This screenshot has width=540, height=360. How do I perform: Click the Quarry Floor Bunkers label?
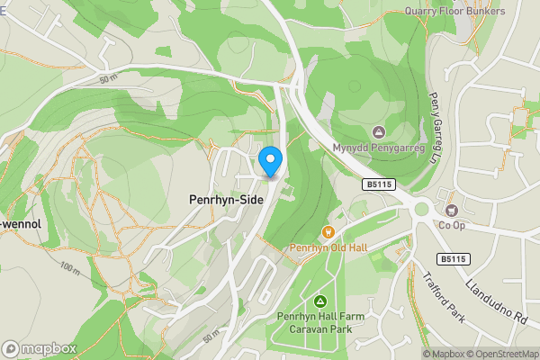(x=454, y=12)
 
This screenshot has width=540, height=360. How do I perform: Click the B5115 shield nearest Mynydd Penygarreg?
(x=379, y=184)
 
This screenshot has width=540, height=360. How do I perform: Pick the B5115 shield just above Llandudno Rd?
(x=454, y=259)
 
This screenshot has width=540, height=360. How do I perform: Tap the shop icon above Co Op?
(x=452, y=210)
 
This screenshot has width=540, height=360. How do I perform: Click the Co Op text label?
(x=452, y=226)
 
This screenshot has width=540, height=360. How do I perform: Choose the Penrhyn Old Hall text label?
(x=327, y=247)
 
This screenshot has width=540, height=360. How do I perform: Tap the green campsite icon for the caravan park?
(x=319, y=300)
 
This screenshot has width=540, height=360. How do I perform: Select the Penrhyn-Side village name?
(x=226, y=200)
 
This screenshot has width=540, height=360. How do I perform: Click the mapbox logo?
(x=39, y=348)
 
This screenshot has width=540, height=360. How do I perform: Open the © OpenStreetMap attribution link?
(x=500, y=354)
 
